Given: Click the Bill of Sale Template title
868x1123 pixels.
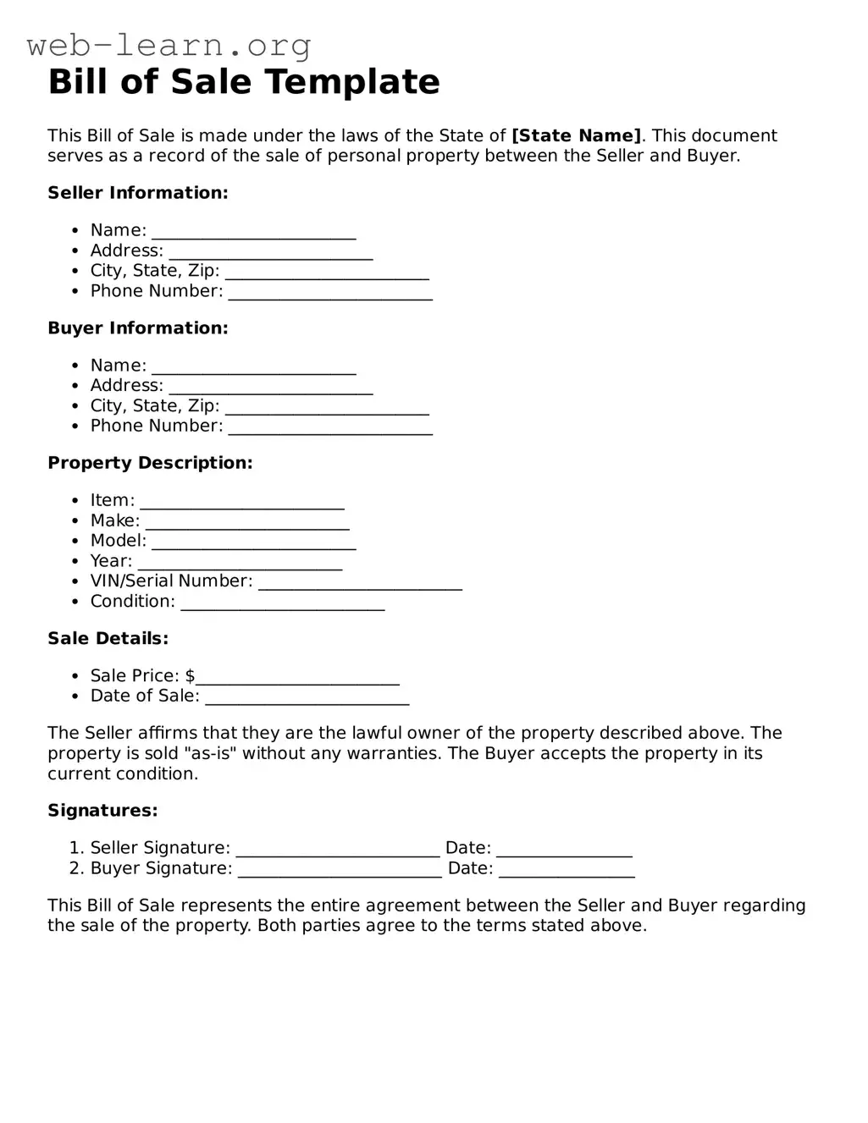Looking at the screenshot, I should click(244, 82).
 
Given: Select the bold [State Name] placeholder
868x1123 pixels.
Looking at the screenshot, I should click(577, 135).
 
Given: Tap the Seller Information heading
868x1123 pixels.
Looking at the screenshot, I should click(138, 193).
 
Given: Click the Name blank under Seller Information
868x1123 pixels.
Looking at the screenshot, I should click(254, 232).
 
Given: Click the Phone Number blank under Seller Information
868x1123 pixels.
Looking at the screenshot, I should click(330, 293).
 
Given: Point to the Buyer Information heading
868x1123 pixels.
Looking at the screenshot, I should click(138, 328).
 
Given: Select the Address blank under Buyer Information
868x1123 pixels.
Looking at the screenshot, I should click(271, 387).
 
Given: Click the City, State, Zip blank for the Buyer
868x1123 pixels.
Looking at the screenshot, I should click(327, 407).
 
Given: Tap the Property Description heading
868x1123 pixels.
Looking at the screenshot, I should click(150, 463).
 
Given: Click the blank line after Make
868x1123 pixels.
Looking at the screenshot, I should click(247, 522).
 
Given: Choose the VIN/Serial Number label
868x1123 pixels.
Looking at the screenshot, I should click(171, 581).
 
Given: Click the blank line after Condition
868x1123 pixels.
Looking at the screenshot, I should click(283, 603).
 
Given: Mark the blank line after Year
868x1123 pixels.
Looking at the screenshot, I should click(240, 563).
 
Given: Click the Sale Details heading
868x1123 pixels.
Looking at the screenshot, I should click(108, 639).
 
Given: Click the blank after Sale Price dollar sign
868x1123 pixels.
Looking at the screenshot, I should click(297, 677).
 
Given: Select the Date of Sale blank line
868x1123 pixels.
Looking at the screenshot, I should click(307, 697).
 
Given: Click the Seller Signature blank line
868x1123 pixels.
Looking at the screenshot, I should click(338, 850).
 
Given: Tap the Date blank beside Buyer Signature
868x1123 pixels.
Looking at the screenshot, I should click(567, 870).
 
